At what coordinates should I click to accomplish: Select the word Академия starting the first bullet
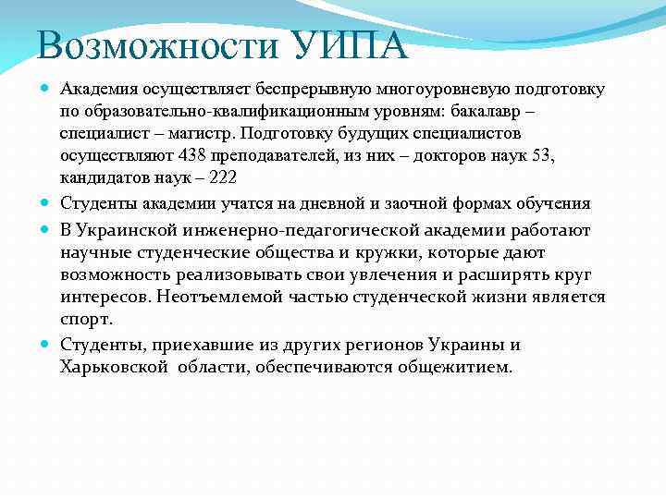(99, 91)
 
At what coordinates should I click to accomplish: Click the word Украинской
(132, 229)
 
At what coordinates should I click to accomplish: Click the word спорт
(86, 319)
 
